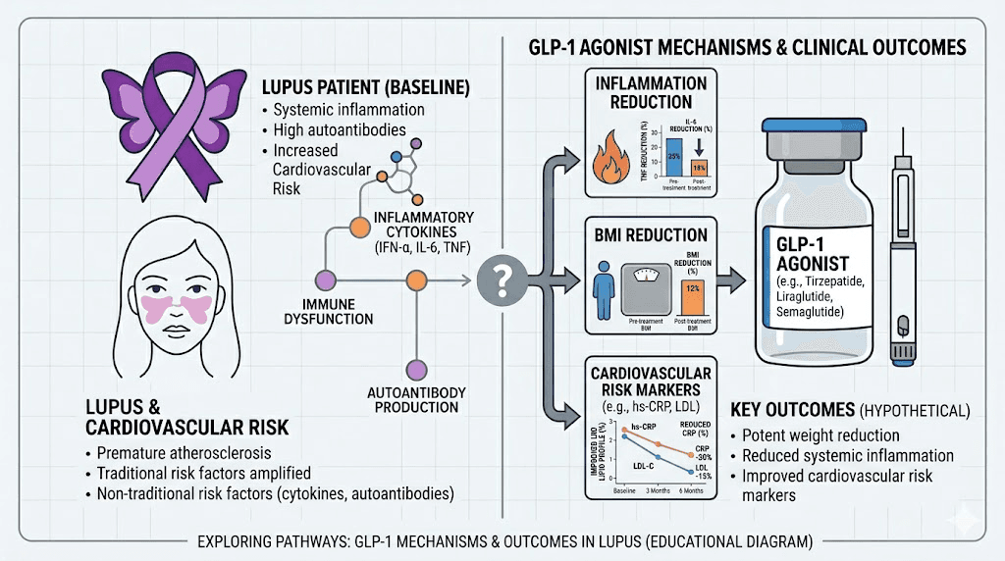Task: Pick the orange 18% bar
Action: click(x=698, y=168)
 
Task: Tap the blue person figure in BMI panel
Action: click(x=606, y=293)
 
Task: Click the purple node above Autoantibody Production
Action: click(x=415, y=369)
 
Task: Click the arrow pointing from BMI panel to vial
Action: click(x=730, y=283)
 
